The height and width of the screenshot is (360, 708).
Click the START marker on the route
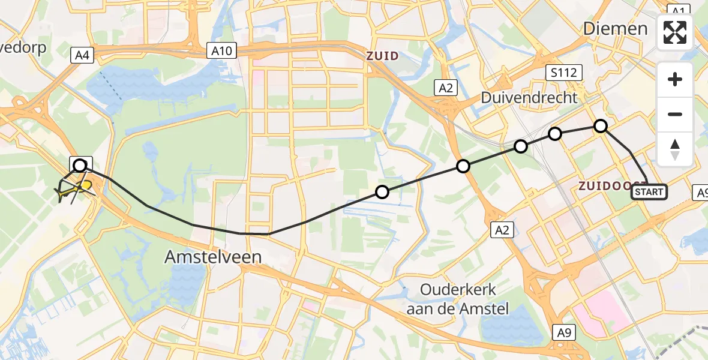coord(649,192)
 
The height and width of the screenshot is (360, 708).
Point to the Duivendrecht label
coord(529,97)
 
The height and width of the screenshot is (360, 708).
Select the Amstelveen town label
coord(214,257)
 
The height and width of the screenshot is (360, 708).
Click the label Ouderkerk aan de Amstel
coord(458,299)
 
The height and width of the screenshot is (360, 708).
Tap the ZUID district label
coord(383,56)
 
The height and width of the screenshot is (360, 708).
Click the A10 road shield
coord(221,51)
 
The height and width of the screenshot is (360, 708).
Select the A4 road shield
coord(82,56)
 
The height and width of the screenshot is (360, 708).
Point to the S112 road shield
coord(565,73)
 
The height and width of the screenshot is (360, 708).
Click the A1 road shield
coord(678,11)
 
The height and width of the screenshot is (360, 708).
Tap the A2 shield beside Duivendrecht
coord(445,88)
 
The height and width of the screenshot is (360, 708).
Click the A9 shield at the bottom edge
coord(563,331)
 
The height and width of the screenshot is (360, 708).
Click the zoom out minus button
coord(675,114)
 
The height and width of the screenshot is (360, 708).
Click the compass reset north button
coord(675,149)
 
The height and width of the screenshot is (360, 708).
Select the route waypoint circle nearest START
coord(601,126)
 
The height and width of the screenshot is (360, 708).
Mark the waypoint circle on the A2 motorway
coord(463,166)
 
